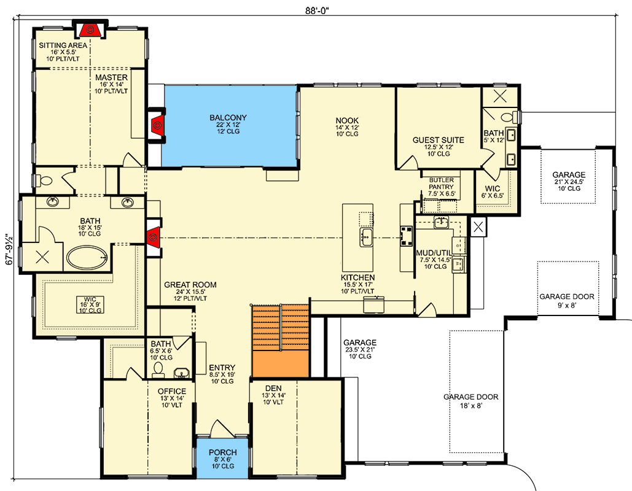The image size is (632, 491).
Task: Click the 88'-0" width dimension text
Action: coord(317,10)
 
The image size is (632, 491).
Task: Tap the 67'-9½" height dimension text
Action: coord(10,249)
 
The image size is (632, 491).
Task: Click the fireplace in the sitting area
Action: coord(90,30)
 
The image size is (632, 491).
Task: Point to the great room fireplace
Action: coord(154,238)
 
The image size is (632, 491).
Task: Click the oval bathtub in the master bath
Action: coord(87,258)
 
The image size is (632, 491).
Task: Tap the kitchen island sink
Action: coord(367,238)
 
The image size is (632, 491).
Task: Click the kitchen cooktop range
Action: coord(406,236)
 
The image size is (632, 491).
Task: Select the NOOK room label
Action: coord(347,120)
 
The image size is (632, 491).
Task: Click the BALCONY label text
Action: coord(228,118)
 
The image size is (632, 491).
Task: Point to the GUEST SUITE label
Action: coord(438,140)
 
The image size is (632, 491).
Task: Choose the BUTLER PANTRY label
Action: coord(442,184)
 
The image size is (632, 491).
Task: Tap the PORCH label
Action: coord(222,452)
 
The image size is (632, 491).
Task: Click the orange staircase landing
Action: coord(281,363)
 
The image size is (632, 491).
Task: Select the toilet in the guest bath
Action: coord(509,118)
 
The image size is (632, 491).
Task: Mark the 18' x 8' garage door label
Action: coord(470,401)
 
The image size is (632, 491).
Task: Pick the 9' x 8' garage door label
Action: coord(567,301)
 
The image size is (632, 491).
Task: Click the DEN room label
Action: coord(273,389)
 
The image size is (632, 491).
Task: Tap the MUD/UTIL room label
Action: coord(434,253)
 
